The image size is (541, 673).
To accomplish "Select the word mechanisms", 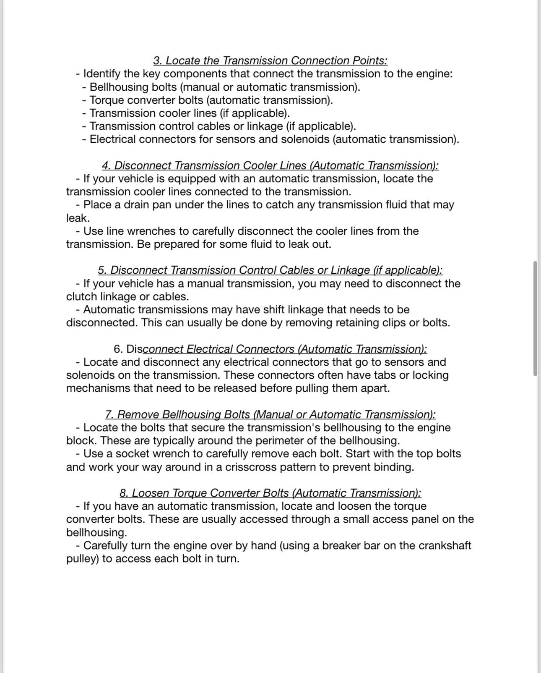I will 98,388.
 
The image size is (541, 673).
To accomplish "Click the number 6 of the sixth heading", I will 118,349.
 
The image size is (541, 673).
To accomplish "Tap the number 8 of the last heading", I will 124,493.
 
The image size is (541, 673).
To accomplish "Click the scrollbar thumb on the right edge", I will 536,318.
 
